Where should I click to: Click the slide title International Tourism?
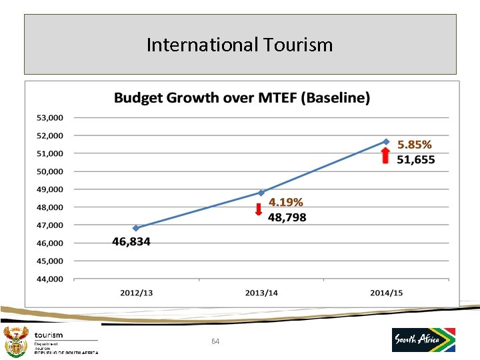tap(239, 45)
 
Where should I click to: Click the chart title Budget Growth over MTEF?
tap(241, 98)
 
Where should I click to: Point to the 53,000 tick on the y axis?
tap(49, 118)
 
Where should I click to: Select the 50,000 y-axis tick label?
tap(49, 171)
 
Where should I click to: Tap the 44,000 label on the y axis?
tap(49, 279)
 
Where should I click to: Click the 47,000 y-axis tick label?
tap(49, 225)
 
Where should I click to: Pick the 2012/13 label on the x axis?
tap(136, 293)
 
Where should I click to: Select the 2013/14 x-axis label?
tap(261, 293)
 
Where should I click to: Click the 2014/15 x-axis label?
tap(386, 293)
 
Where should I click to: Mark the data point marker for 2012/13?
tap(136, 228)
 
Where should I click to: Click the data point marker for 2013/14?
tap(261, 193)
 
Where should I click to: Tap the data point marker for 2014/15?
tap(386, 141)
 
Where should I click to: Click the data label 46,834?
tap(131, 242)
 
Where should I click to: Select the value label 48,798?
tap(287, 217)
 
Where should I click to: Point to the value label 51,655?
tap(416, 159)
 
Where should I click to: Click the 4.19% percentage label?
tap(286, 203)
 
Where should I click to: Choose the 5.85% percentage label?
tap(415, 145)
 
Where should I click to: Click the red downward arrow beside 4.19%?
tap(259, 211)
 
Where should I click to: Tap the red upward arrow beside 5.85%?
tap(385, 155)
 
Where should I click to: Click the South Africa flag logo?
tap(423, 339)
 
